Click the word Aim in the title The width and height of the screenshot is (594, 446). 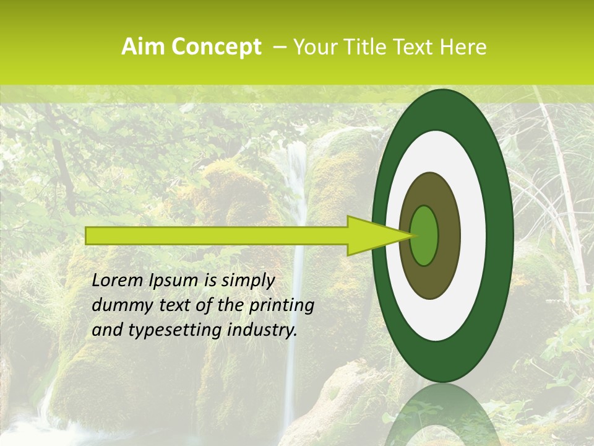click(144, 47)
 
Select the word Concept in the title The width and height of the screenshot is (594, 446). click(215, 47)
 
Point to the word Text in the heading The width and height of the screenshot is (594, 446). click(416, 47)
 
